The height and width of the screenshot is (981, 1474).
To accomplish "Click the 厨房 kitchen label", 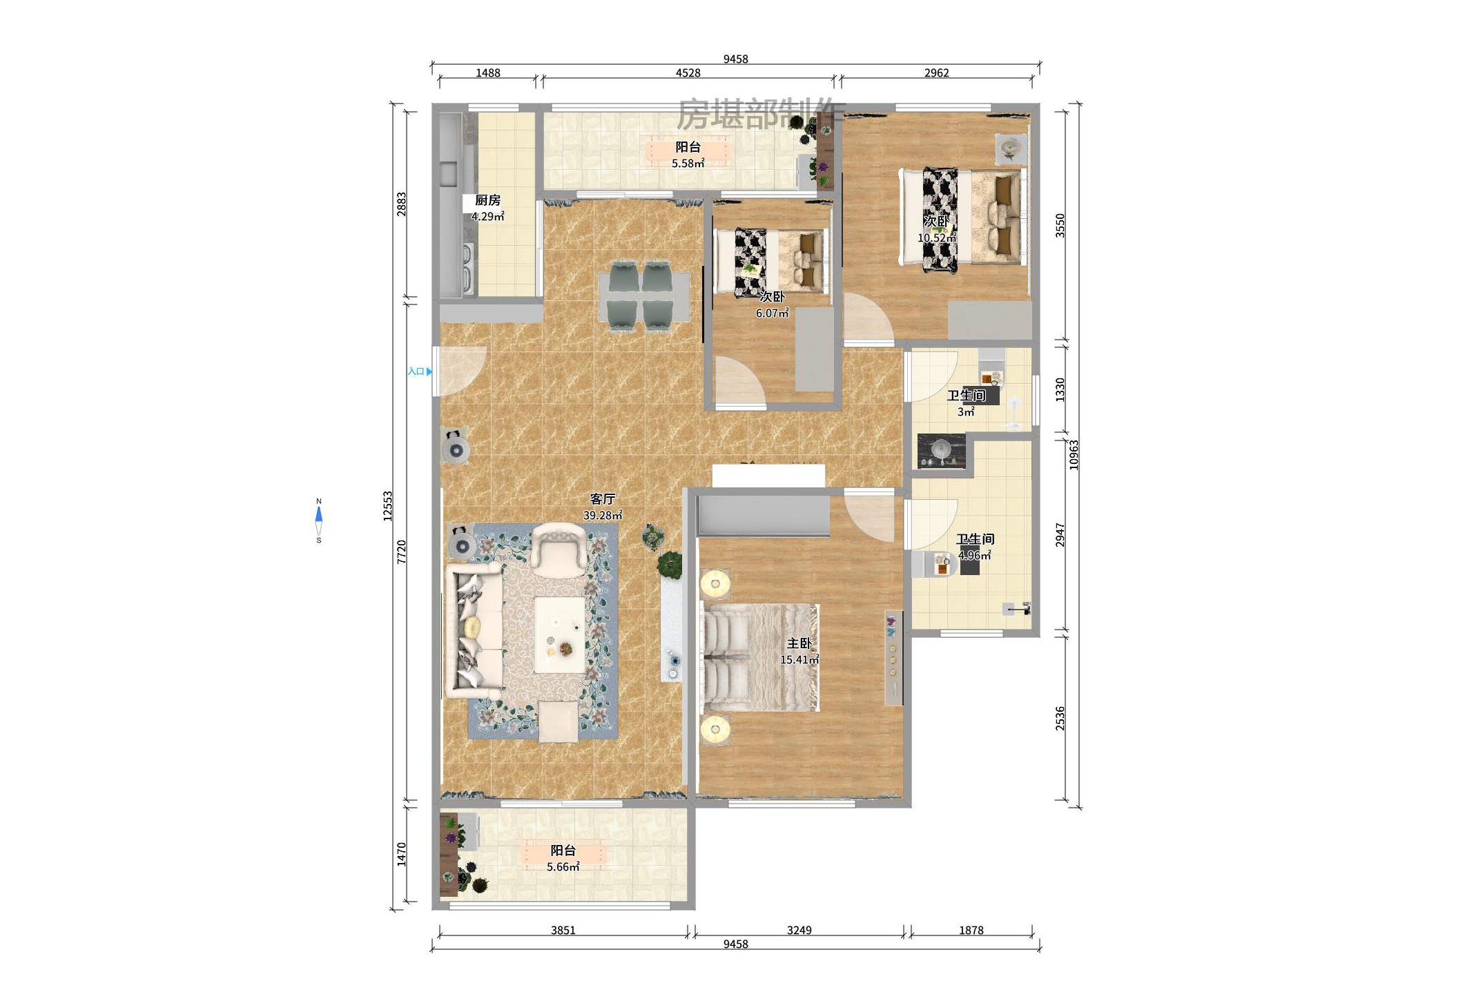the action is click(x=487, y=200).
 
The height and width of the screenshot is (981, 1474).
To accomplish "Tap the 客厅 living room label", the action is click(x=602, y=498).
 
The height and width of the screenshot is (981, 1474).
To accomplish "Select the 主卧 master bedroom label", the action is click(x=799, y=643).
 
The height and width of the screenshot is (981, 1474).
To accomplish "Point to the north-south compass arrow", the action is click(x=319, y=521).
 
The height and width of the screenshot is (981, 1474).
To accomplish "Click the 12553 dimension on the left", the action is click(x=388, y=506).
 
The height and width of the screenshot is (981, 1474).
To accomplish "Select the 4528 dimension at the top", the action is click(x=688, y=72).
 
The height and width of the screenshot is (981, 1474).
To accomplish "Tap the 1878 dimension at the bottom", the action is click(x=971, y=930).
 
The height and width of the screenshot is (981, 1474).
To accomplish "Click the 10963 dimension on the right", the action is click(x=1074, y=455).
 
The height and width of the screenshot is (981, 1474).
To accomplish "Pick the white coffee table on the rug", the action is click(x=560, y=635).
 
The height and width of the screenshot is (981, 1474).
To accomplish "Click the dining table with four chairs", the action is click(x=643, y=296).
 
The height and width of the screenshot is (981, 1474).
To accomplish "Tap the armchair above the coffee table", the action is click(x=559, y=550).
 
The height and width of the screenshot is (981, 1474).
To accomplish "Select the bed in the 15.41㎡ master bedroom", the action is click(x=759, y=658).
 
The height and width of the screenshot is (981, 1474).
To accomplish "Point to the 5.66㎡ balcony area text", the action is click(x=563, y=867).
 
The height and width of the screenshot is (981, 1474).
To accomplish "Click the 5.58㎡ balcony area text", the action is click(x=688, y=164).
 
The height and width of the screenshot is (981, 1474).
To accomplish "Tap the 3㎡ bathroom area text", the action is click(x=966, y=412).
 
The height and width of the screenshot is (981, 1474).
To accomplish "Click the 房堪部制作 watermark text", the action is click(x=761, y=114).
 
